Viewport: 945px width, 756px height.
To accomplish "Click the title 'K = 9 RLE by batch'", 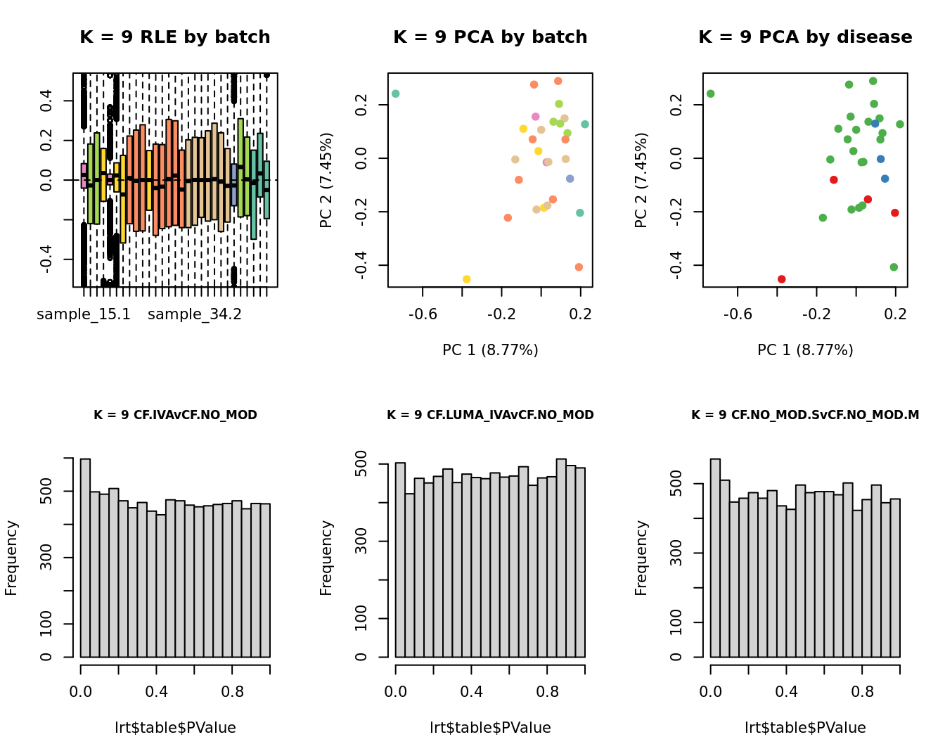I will [x=174, y=37].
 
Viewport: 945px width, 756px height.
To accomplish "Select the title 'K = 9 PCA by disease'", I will [x=805, y=37].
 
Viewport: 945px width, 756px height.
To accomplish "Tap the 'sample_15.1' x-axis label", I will [x=84, y=314].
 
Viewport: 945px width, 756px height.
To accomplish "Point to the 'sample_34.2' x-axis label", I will [x=195, y=314].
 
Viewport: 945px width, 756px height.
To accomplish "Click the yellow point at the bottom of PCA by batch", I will [x=466, y=279].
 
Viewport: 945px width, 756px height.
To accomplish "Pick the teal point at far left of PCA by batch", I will [x=396, y=94].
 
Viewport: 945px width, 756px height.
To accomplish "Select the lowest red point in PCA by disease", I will [x=781, y=279].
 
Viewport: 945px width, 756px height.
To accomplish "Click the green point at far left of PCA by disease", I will [x=711, y=94].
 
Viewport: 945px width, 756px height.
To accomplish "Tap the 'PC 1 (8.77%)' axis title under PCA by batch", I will [x=490, y=350].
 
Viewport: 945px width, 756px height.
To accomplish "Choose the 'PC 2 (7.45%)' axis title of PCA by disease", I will [x=641, y=180].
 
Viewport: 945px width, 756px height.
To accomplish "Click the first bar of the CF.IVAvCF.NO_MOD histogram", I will [x=86, y=558].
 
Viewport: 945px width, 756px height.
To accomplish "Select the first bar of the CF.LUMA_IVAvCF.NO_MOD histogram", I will [x=401, y=560].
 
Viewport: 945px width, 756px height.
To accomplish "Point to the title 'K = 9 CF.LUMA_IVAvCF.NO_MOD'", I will [x=490, y=415].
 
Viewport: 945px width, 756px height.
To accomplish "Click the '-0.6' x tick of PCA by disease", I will [x=738, y=314].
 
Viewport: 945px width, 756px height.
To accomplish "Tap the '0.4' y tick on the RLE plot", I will [x=46, y=101].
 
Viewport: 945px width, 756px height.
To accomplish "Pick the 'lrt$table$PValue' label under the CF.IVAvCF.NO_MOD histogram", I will [x=175, y=728].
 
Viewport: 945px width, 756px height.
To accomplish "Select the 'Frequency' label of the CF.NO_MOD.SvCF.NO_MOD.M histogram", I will [x=641, y=558].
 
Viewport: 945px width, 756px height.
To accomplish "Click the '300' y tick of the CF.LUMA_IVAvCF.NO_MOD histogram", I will [x=361, y=542].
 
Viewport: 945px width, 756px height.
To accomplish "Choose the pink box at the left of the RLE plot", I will [x=84, y=176].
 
